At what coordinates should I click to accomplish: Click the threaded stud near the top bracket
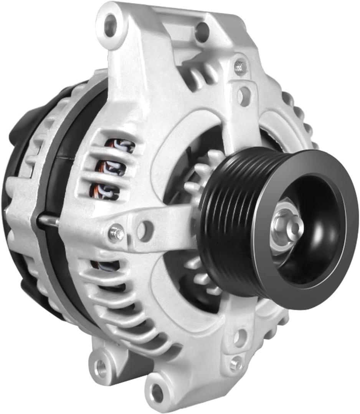(240, 66)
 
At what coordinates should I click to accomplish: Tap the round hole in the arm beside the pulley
(145, 231)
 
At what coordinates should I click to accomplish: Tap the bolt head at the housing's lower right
(236, 363)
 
